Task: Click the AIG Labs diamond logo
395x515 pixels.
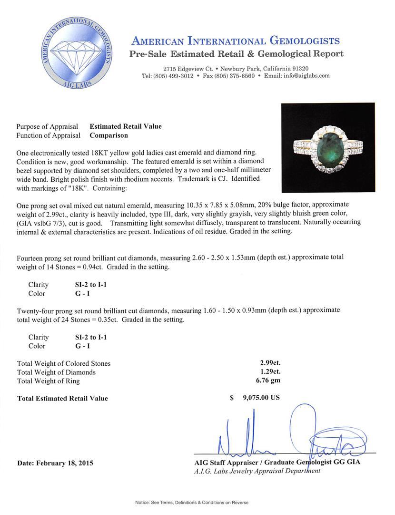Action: click(76, 54)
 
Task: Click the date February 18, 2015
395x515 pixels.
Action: click(55, 463)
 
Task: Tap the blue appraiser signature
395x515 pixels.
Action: click(286, 436)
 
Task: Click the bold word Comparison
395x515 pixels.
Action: click(109, 135)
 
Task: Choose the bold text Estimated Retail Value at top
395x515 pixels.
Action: click(126, 126)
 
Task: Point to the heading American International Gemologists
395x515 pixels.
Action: click(235, 41)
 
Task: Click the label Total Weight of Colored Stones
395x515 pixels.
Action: click(64, 363)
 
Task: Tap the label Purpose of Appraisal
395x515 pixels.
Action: click(47, 126)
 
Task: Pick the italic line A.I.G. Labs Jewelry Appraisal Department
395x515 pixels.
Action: click(257, 471)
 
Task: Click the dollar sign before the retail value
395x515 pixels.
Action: click(231, 398)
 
